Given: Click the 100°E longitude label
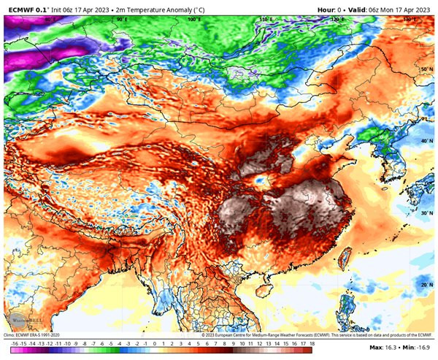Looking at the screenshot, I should click(x=193, y=20).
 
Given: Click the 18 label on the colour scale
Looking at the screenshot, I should click(x=312, y=342).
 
